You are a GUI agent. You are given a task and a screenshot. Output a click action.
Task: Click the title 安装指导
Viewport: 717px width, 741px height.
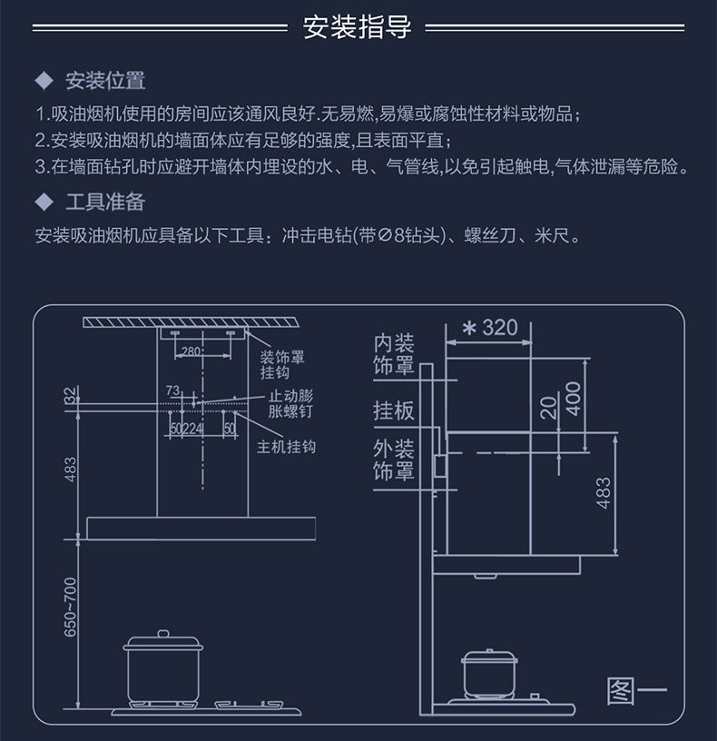coord(357,26)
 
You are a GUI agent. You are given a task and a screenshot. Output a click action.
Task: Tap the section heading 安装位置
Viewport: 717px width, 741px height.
coord(105,81)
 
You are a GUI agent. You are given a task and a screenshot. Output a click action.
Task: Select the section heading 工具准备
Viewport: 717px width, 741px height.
coord(105,202)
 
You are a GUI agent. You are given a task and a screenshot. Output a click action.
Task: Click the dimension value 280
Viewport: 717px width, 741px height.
coord(191,351)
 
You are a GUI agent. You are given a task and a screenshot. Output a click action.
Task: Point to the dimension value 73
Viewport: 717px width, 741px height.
coord(173,390)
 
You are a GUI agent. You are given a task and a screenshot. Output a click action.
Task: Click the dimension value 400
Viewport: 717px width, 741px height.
coord(572,399)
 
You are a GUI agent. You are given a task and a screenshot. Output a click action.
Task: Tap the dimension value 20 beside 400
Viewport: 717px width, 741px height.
coord(548,408)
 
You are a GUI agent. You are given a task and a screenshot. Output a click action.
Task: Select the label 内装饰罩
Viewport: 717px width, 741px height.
coord(394,354)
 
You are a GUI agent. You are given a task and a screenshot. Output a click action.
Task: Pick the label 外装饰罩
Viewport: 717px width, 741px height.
coord(394,459)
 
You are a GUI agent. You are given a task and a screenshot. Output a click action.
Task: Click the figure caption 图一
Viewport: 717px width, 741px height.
coord(635,691)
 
